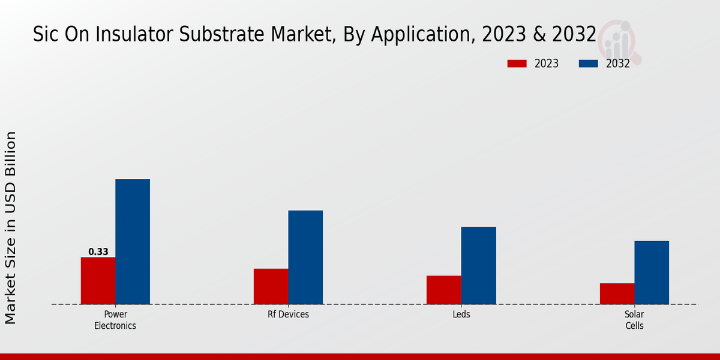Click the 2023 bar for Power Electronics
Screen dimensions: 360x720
[x=98, y=281]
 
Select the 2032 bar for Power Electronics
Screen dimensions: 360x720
[x=133, y=242]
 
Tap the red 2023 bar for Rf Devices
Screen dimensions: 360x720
[x=271, y=286]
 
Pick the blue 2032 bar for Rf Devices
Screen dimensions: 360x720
[x=305, y=257]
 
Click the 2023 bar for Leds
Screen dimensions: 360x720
[x=443, y=290]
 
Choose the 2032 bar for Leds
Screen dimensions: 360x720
[x=478, y=265]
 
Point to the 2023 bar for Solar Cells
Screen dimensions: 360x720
[x=617, y=293]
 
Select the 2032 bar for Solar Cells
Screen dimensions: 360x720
[x=652, y=272]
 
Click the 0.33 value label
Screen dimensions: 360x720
[x=98, y=252]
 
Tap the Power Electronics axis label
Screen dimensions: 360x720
[x=115, y=320]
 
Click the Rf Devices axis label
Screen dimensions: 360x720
[x=289, y=314]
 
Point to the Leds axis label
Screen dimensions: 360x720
[x=461, y=314]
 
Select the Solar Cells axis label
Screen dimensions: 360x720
[x=634, y=320]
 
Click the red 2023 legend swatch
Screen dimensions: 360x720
[x=516, y=64]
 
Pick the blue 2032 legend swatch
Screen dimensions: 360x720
[x=588, y=64]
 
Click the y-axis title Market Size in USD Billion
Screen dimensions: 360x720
[x=11, y=228]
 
